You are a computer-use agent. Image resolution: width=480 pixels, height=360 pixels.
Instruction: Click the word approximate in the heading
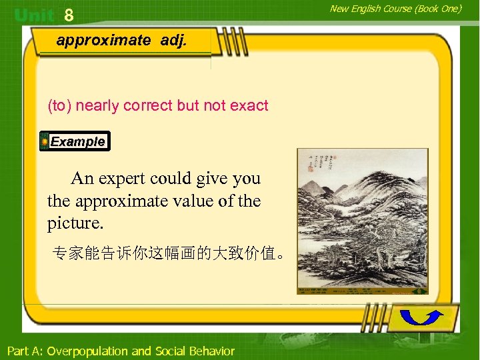(x=103, y=40)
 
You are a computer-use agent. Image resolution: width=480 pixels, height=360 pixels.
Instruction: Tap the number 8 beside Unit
(x=69, y=15)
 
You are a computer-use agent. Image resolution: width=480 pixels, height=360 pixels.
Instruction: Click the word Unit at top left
(x=34, y=15)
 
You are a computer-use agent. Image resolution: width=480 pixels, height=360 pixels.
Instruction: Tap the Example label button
(x=75, y=141)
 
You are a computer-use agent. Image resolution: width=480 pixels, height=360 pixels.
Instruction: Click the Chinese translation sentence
(x=171, y=254)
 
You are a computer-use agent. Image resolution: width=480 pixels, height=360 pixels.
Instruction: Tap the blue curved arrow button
(x=424, y=318)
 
